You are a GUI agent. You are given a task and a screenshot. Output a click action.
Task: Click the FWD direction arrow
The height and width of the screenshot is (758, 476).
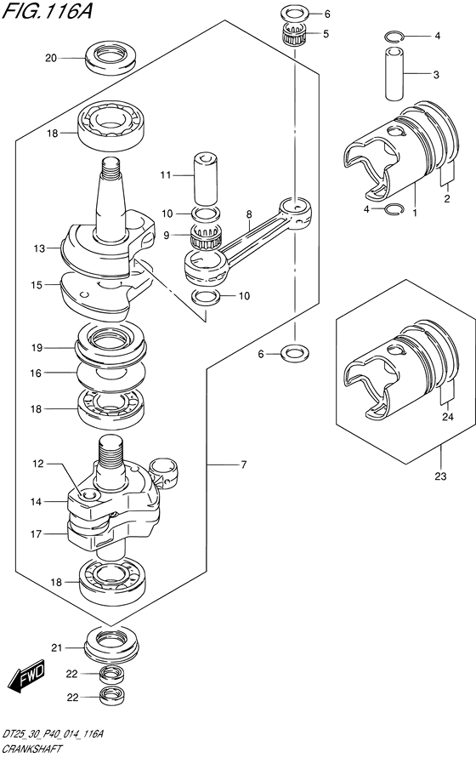[28, 674]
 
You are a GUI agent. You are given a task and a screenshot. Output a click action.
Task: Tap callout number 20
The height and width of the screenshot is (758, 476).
[51, 59]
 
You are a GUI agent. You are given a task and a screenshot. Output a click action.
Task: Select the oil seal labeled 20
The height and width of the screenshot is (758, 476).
[110, 59]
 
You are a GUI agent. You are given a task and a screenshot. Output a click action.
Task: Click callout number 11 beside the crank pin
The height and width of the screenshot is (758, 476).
[166, 175]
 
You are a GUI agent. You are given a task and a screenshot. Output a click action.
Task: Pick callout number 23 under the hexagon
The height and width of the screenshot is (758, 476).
[440, 476]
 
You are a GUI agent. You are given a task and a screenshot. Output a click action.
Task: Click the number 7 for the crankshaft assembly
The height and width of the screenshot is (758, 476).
[244, 465]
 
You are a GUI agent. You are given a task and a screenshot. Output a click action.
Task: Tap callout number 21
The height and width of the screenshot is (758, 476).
[57, 647]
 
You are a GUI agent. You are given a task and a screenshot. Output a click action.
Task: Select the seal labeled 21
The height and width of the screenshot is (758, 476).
[111, 645]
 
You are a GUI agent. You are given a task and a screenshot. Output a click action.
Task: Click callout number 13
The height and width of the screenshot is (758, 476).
[39, 249]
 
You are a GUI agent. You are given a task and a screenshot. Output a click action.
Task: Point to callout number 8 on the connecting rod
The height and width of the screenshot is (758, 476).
[248, 214]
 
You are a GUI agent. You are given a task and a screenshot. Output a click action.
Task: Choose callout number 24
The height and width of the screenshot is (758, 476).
[448, 416]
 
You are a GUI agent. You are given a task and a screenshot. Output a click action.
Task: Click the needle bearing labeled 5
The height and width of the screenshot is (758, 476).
[295, 35]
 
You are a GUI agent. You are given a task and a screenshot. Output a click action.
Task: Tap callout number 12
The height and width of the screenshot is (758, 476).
[38, 464]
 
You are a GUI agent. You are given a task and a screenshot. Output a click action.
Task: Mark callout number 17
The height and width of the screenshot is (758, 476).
[37, 534]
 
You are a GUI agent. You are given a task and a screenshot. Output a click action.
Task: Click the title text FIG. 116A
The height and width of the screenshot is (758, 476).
[47, 10]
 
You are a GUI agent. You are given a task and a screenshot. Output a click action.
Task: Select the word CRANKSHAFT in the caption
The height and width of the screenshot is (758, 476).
[31, 749]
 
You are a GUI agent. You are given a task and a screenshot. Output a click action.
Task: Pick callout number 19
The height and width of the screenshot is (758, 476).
[37, 348]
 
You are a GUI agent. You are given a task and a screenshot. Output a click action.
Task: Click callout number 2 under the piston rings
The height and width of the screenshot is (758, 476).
[447, 198]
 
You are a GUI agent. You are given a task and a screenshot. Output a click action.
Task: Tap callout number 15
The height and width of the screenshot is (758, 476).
[37, 285]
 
